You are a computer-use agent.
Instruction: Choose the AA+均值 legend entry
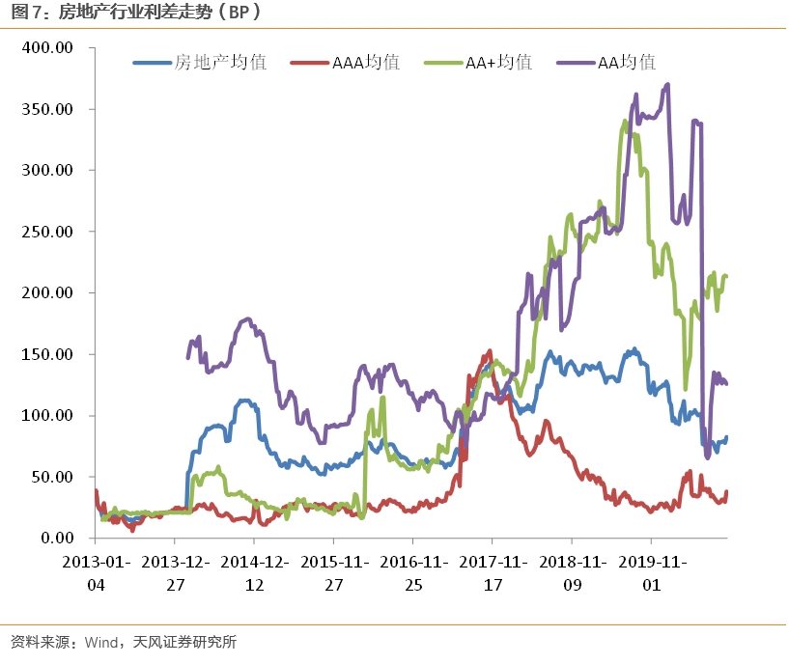click(498, 63)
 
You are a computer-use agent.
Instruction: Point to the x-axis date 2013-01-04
click(95, 572)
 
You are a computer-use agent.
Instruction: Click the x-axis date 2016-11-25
click(412, 572)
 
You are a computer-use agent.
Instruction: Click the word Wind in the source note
click(101, 642)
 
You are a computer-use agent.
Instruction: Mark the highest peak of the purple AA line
click(667, 85)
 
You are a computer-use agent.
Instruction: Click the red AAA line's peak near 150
click(490, 351)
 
